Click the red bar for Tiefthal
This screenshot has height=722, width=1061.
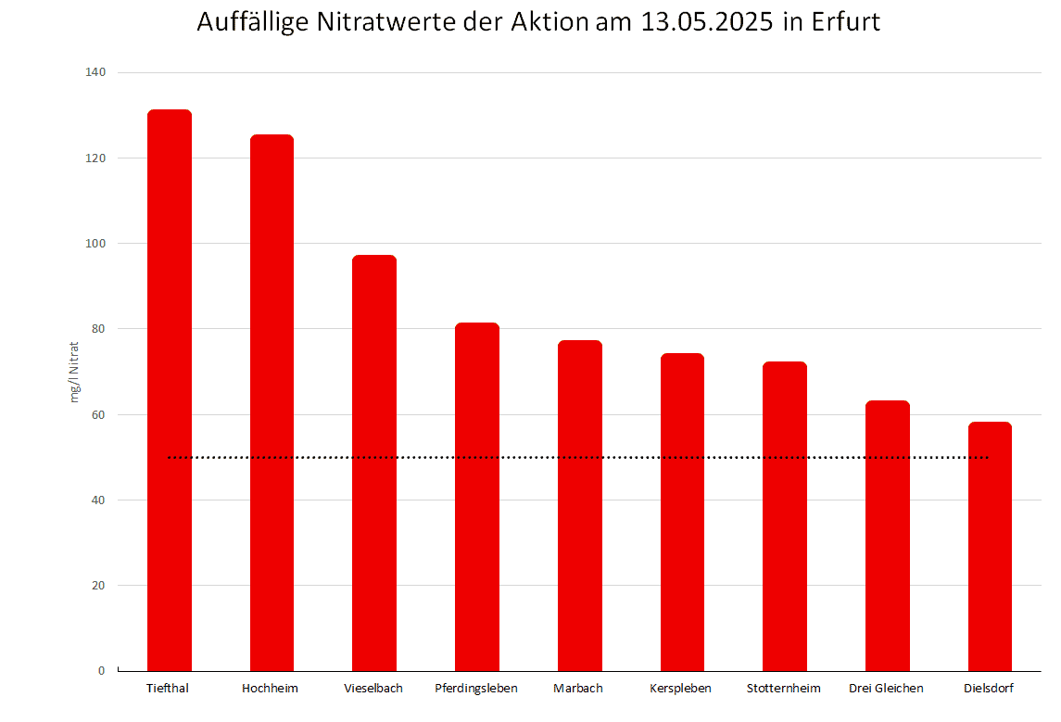pos(170,389)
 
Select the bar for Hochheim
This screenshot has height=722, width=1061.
pos(272,402)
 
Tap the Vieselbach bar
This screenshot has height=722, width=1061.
pos(374,462)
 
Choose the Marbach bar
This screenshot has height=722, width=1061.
pos(580,505)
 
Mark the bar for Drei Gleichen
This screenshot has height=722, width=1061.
pos(887,535)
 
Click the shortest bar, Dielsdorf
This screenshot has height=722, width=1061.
pos(990,546)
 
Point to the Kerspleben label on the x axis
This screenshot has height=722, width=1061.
pos(681,689)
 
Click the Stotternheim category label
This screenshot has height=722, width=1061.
pos(784,689)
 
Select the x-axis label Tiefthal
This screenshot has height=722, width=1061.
pos(168,689)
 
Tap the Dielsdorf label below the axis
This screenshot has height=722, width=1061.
pos(989,689)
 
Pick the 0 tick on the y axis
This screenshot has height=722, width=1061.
pos(102,671)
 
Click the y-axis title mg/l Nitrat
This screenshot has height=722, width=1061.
pos(75,372)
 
